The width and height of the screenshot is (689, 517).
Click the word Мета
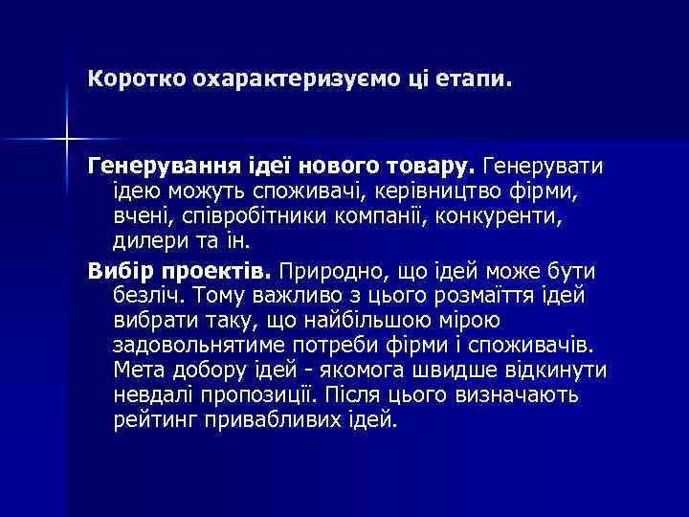point(138,369)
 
